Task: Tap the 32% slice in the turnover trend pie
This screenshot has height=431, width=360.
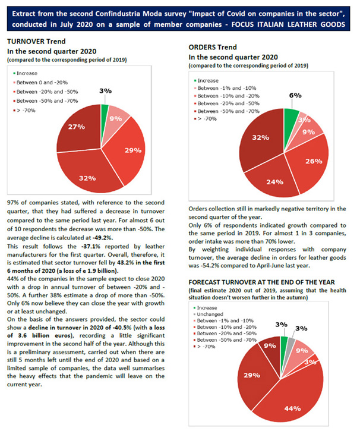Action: [88, 173]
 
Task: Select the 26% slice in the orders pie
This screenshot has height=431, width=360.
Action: [310, 162]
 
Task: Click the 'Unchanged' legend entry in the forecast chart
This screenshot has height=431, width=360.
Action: [210, 314]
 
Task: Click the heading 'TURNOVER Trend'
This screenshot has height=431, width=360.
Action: [36, 42]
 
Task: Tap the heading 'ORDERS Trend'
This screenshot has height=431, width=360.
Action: [213, 48]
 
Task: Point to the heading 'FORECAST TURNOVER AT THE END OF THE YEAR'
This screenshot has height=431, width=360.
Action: [262, 282]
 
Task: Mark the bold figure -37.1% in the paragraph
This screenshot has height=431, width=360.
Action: [91, 247]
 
